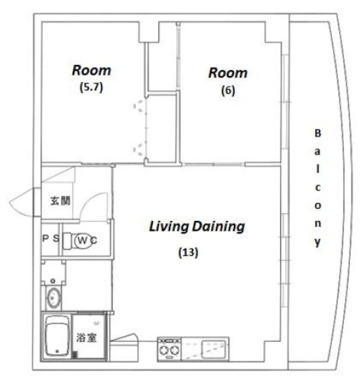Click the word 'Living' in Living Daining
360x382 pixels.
point(168,227)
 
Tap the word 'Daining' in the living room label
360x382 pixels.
point(219,227)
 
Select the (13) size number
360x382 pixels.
point(188,252)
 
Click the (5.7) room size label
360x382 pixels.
point(91,87)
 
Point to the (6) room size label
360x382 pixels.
point(227,91)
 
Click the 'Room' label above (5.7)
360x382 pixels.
point(91,70)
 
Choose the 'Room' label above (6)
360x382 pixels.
point(227,73)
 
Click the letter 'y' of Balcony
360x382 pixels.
point(318,242)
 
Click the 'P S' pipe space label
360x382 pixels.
point(50,239)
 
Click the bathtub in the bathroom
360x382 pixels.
point(57,336)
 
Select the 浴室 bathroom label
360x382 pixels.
point(87,337)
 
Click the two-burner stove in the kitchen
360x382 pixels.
point(169,349)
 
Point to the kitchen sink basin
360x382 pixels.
point(213,348)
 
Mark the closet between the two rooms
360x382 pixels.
point(161,125)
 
